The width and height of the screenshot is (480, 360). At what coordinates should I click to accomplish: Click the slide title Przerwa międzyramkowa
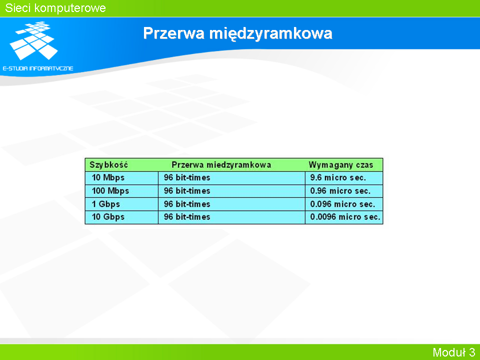tap(237, 33)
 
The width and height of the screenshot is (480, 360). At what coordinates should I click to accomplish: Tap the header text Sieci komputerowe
tap(55, 8)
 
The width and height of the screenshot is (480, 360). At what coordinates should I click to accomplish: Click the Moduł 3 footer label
tap(453, 352)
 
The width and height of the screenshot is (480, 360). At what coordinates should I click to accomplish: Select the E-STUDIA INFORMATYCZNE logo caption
tap(38, 68)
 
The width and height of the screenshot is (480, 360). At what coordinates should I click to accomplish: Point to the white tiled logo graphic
tap(34, 40)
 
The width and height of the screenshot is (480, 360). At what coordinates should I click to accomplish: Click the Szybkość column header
tap(108, 165)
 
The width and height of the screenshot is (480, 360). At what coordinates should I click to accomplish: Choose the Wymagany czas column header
tap(341, 165)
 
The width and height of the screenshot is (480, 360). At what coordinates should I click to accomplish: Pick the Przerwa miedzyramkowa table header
tap(221, 165)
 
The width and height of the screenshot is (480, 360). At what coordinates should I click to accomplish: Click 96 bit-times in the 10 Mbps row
tap(187, 177)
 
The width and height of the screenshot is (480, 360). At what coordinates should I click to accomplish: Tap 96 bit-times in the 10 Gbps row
tap(187, 217)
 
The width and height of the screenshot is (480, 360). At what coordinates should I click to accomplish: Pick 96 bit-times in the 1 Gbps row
tap(187, 204)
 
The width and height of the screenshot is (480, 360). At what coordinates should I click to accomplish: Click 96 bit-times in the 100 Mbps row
tap(187, 191)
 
